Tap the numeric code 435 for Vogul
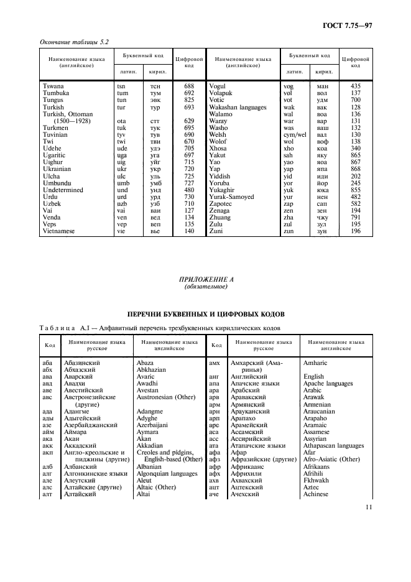(356, 86)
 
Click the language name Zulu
(217, 224)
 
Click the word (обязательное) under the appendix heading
(205, 288)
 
